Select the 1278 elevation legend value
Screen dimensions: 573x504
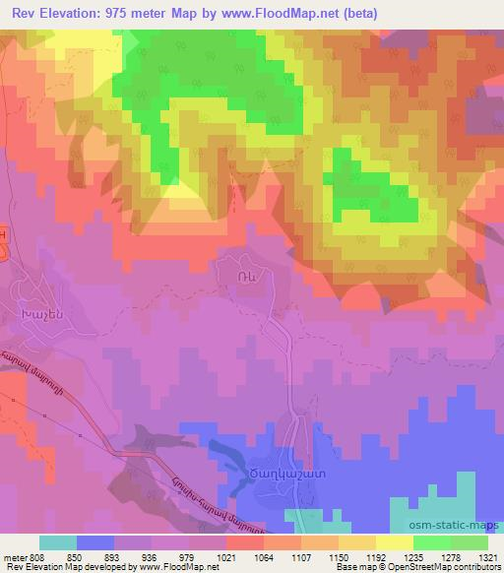click(x=449, y=555)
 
